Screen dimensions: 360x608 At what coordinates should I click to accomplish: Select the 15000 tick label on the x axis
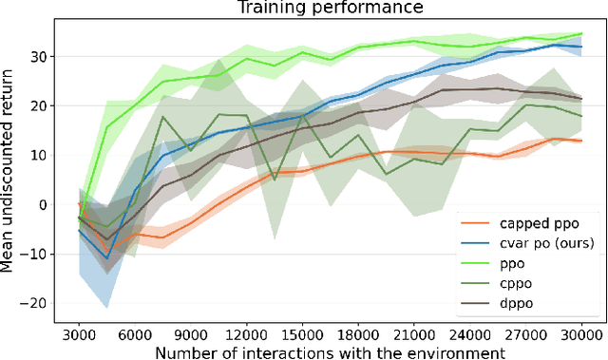click(302, 333)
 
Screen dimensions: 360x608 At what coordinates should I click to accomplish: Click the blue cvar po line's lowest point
click(107, 256)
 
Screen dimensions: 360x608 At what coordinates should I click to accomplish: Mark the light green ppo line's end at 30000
click(581, 34)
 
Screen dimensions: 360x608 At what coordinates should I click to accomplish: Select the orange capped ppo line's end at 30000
click(581, 141)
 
